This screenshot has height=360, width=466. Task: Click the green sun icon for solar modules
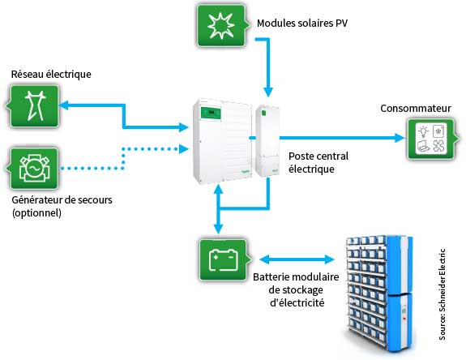[x=222, y=26]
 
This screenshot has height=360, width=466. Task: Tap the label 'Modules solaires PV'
[x=302, y=24]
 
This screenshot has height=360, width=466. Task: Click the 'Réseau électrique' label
[x=51, y=74]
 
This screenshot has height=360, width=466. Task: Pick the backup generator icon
[x=33, y=169]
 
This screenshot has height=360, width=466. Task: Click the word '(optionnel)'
[x=36, y=213]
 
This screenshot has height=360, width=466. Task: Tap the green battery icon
[x=224, y=260]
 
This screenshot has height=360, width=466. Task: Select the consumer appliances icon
[x=432, y=139]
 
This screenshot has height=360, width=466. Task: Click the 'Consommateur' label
[x=416, y=108]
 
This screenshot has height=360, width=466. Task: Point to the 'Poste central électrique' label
[x=319, y=163]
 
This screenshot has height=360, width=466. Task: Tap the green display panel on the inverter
[x=211, y=114]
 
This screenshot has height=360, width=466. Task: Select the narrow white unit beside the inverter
[x=267, y=141]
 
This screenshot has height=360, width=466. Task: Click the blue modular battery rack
[x=379, y=294]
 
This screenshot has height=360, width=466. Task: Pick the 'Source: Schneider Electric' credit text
[x=442, y=294]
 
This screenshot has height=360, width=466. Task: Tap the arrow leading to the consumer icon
[x=342, y=138]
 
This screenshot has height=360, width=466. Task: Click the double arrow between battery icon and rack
[x=297, y=259]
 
